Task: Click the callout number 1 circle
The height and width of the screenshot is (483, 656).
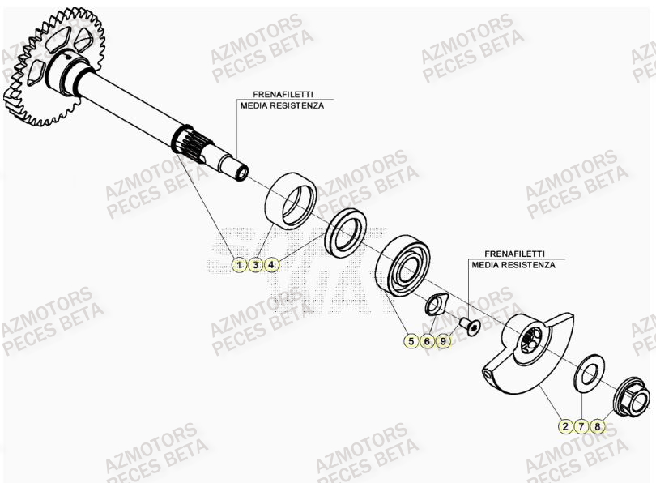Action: click(x=239, y=265)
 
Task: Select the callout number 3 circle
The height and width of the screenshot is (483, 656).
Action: click(x=255, y=265)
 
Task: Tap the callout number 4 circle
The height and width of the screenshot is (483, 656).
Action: click(x=272, y=265)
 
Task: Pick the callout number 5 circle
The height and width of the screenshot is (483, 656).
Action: click(x=411, y=342)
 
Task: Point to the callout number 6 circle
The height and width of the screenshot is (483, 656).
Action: click(x=427, y=342)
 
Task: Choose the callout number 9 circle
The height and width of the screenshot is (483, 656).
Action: click(x=443, y=342)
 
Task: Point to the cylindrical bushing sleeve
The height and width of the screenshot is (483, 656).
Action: click(x=291, y=199)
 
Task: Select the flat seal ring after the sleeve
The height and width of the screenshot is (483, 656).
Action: click(x=347, y=230)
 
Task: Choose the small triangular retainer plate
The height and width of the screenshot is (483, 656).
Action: click(x=437, y=306)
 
